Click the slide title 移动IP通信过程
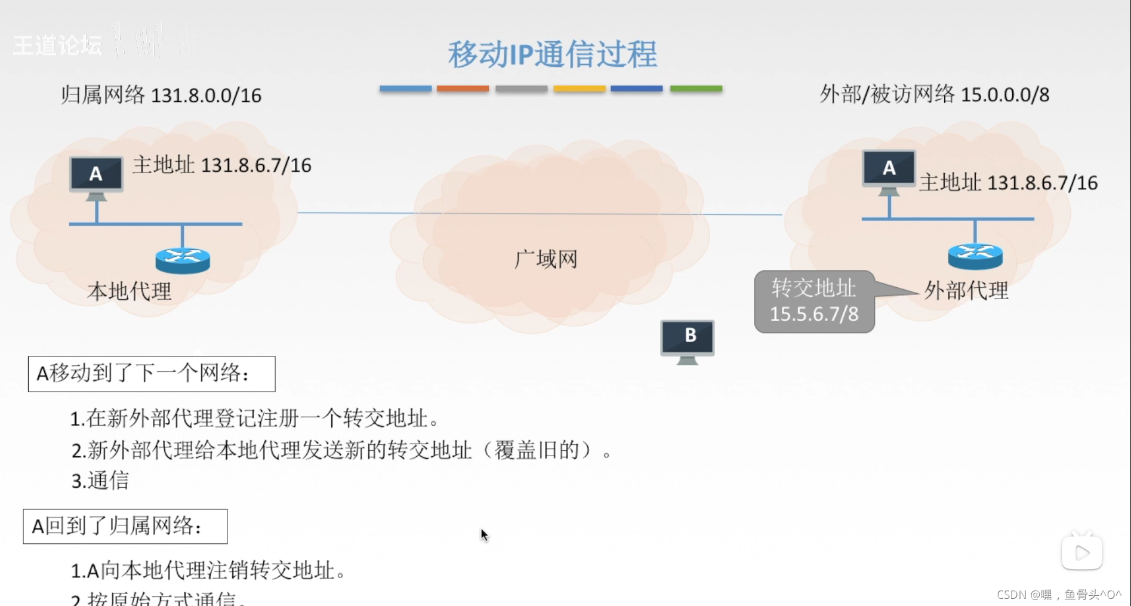(552, 54)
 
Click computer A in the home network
(96, 175)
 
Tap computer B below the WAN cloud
(687, 340)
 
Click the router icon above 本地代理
(183, 259)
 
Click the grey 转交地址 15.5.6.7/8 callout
(814, 302)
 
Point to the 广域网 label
(546, 259)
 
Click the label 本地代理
(130, 291)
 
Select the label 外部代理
(966, 291)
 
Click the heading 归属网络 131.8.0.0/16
(161, 95)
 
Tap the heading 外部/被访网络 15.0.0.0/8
(934, 94)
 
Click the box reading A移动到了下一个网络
(152, 374)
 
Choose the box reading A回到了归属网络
(125, 526)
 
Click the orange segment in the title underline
(463, 88)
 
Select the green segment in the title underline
(696, 88)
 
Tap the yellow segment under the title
(579, 88)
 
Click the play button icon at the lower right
(1081, 552)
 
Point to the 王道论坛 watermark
(57, 45)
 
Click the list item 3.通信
(100, 481)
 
